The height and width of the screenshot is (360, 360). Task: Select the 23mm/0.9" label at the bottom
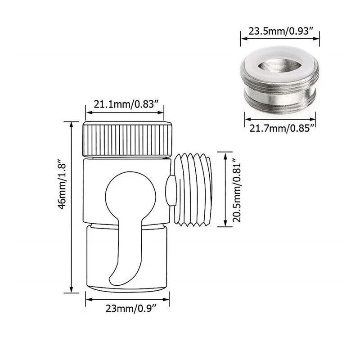(x=128, y=309)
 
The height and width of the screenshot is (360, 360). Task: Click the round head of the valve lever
(x=124, y=193)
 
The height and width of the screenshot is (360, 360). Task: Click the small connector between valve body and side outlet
(x=170, y=189)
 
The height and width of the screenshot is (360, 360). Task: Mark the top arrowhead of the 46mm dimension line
(x=71, y=123)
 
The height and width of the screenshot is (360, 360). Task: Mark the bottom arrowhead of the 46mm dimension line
(x=71, y=290)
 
